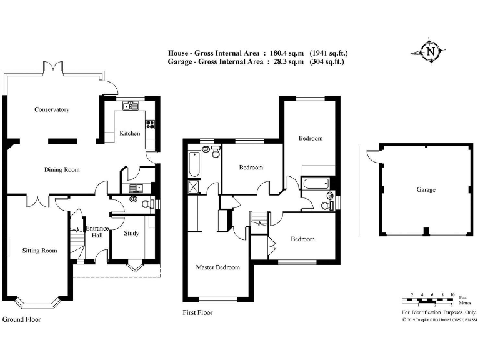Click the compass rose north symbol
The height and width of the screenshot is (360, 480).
[430, 52]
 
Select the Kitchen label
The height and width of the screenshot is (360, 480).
[130, 133]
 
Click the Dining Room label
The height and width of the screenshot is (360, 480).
[61, 169]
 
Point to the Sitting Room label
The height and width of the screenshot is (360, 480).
[39, 251]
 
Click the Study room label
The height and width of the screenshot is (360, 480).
[131, 234]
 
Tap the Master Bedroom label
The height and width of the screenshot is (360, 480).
[217, 267]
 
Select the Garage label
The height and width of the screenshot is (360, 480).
[426, 190]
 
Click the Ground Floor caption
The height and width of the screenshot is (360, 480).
[21, 319]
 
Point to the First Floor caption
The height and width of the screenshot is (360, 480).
[197, 312]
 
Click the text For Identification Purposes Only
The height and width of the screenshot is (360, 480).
[439, 312]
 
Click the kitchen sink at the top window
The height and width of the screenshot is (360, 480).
[131, 106]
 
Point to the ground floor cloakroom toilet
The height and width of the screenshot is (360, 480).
[147, 204]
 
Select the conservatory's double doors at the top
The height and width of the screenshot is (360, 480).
[52, 66]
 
